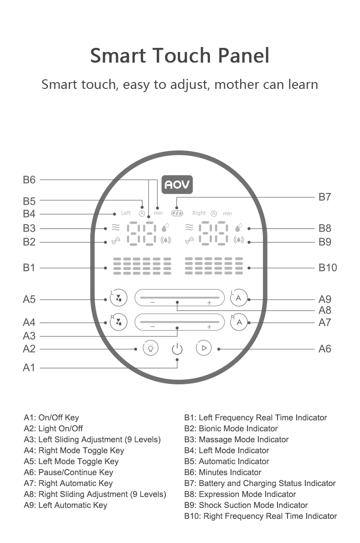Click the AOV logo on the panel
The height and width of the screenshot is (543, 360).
pyautogui.click(x=178, y=185)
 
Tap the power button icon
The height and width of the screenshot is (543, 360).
pyautogui.click(x=177, y=349)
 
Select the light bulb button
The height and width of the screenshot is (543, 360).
pyautogui.click(x=150, y=348)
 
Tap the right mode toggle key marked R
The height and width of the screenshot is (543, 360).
pyautogui.click(x=119, y=321)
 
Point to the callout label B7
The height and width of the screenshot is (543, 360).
pyautogui.click(x=324, y=197)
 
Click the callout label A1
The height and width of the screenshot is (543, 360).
pyautogui.click(x=29, y=367)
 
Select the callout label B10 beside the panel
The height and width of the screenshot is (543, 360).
pyautogui.click(x=328, y=268)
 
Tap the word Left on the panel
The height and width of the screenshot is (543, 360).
pyautogui.click(x=126, y=213)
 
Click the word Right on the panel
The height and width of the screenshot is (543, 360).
pyautogui.click(x=199, y=213)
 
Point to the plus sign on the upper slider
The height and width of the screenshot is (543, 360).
pyautogui.click(x=209, y=303)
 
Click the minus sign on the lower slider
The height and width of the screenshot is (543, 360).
pyautogui.click(x=152, y=326)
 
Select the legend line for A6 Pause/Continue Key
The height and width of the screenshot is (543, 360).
pyautogui.click(x=68, y=472)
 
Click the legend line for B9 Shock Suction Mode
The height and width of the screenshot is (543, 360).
pyautogui.click(x=246, y=505)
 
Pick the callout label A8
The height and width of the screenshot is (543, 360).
pyautogui.click(x=324, y=310)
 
